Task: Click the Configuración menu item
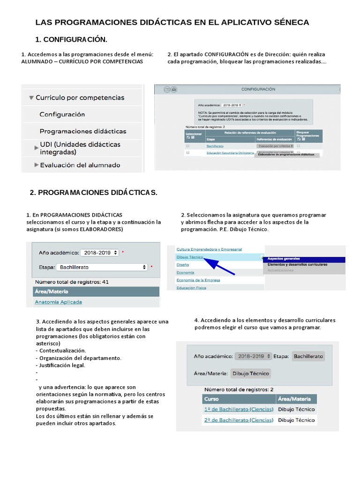coord(62,114)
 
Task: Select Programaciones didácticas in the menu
coord(83,131)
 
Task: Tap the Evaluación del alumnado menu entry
coord(80,165)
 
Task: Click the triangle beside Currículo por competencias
coord(31,98)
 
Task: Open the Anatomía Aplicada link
coord(58,302)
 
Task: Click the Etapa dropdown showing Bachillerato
coord(102,267)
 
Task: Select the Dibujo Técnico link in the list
coord(190,257)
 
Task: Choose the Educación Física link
coord(191,288)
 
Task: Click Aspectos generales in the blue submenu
coord(283,259)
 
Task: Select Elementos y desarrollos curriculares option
coord(297,265)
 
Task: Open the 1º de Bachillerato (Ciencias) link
coord(239,409)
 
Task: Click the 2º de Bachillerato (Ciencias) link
coord(239,420)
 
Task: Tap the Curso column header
coord(211,399)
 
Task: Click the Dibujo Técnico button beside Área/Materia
coord(251,374)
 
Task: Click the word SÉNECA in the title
coord(291,22)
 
